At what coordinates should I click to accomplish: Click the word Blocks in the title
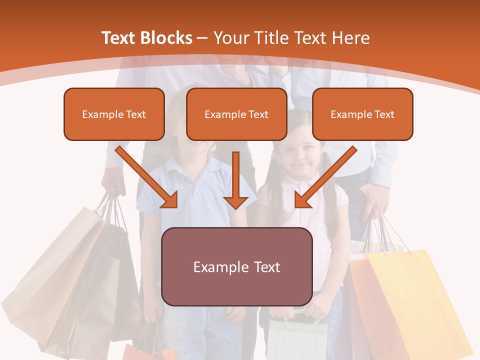tap(167, 38)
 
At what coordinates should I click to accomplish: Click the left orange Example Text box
tap(114, 114)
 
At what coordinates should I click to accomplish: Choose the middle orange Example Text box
tap(236, 114)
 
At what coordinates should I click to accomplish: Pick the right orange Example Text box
tap(362, 114)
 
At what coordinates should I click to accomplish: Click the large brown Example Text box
tap(236, 266)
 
